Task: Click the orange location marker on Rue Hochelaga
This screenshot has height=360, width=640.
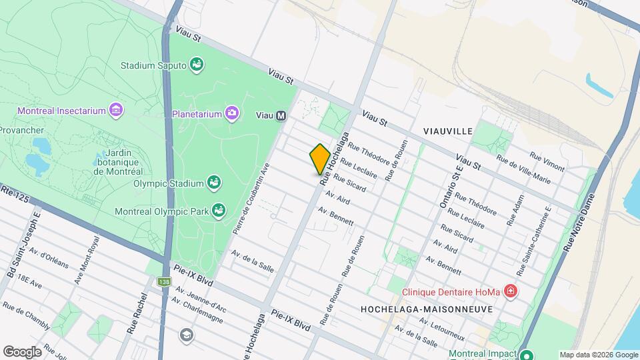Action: pos(320,159)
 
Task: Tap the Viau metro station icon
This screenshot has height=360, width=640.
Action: pos(281,115)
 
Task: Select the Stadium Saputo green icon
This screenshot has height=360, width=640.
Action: pos(197,65)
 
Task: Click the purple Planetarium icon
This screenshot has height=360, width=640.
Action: pos(231,113)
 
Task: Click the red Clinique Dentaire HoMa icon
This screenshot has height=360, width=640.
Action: pos(510,291)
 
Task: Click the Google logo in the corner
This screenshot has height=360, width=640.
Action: pos(22,351)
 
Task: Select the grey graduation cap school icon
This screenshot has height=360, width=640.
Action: pos(187,334)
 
